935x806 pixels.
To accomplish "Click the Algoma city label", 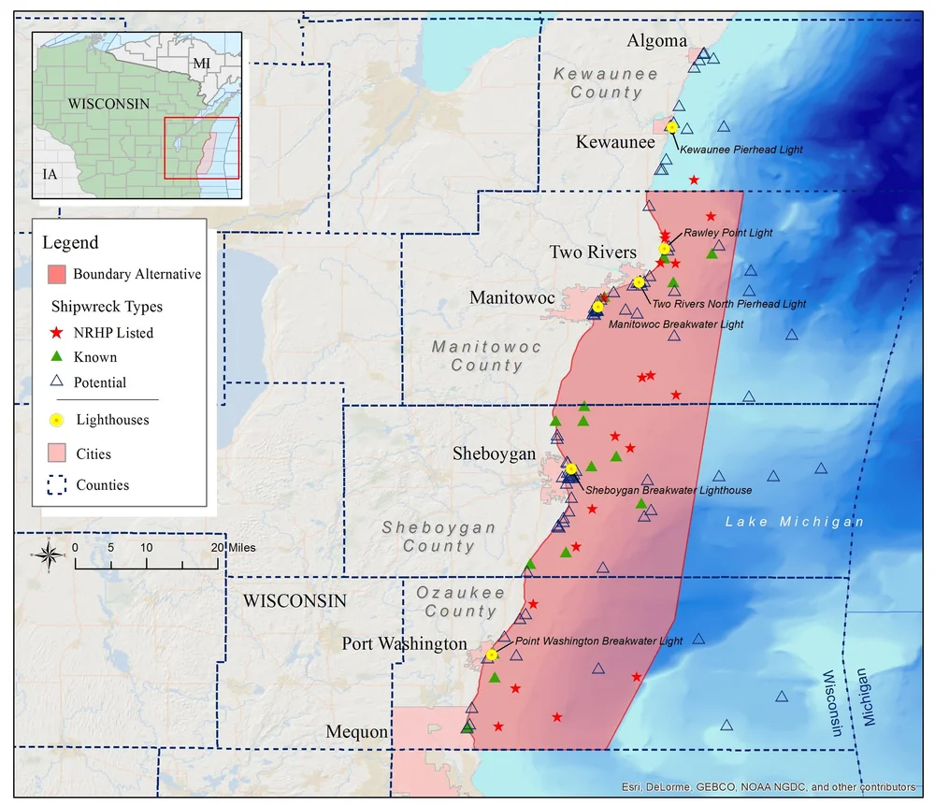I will (656, 41).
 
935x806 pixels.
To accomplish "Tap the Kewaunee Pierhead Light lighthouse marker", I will (671, 127).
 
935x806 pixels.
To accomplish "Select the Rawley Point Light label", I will (728, 233).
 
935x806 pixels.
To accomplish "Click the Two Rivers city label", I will (593, 252).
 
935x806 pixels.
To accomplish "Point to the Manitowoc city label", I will (512, 298).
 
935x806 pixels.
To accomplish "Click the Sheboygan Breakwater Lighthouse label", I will (668, 489).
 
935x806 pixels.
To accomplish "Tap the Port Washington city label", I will (404, 644).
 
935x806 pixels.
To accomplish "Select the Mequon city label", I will (356, 731).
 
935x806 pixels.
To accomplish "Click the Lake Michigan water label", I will (795, 522).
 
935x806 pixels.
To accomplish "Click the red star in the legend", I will (56, 332).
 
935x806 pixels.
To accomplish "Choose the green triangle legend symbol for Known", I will (56, 356).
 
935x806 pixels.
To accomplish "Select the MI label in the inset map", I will (201, 63).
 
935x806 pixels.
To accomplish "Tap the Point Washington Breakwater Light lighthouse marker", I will (491, 655).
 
